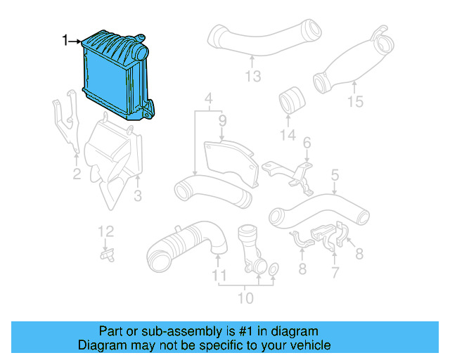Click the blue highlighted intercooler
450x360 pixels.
(116, 77)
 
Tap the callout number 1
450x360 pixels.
(65, 41)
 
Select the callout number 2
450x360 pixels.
(77, 174)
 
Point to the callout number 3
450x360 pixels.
(138, 194)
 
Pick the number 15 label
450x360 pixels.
(355, 102)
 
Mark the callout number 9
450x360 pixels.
(222, 121)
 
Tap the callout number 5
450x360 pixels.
(335, 172)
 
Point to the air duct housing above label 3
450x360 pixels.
(112, 158)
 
